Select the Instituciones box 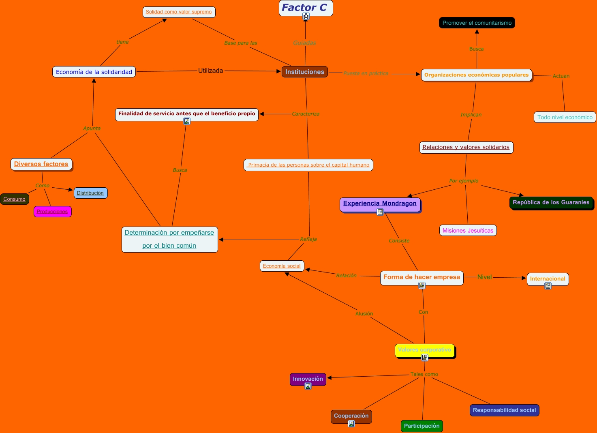coord(305,72)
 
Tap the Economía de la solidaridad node coord(94,72)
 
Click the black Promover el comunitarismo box coord(477,23)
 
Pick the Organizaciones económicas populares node coord(476,75)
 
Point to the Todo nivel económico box coord(565,117)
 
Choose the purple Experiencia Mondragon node coord(380,204)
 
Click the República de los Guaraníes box coord(551,202)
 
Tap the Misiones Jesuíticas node coord(468,230)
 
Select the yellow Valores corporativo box coord(424,350)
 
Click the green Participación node coord(422,426)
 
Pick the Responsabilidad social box coord(504,410)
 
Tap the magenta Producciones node coord(52,211)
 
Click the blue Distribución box coord(90,193)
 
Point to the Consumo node coord(14,199)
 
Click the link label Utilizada coord(210,71)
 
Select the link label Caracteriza coord(306,114)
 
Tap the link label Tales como coord(424,374)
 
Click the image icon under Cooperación coord(351,424)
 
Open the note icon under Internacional coord(548,286)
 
